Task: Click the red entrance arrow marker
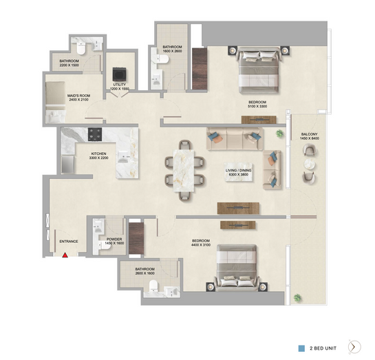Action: click(x=65, y=255)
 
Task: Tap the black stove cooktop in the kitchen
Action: click(x=95, y=134)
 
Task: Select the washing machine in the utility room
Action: click(x=119, y=74)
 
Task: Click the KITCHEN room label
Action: click(x=98, y=153)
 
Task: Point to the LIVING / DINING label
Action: click(x=239, y=171)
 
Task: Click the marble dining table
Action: click(x=184, y=171)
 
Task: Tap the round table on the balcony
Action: click(x=310, y=165)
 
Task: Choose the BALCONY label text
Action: click(x=310, y=134)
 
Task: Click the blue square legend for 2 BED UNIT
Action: click(x=301, y=348)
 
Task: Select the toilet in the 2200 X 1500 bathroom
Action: click(x=81, y=48)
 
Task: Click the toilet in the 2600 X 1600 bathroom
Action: click(x=153, y=286)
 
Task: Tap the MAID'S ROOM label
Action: click(x=78, y=96)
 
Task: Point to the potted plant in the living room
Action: click(x=279, y=134)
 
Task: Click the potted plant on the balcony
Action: click(x=297, y=298)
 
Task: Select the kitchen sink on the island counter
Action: click(x=123, y=157)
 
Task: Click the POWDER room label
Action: click(x=114, y=240)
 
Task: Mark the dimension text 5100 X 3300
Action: click(x=257, y=106)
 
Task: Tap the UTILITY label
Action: click(x=120, y=85)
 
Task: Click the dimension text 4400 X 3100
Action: click(x=201, y=245)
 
